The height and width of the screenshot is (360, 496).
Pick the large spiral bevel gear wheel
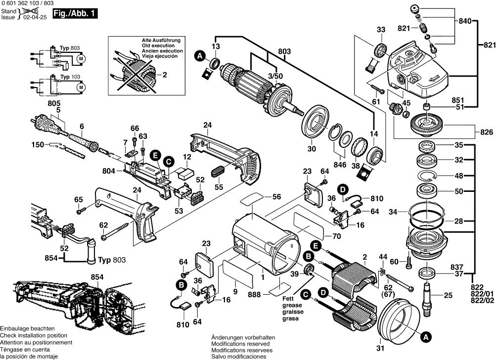pyautogui.click(x=429, y=123)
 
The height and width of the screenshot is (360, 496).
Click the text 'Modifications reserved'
pyautogui.click(x=240, y=343)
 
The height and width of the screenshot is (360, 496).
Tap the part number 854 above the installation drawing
pyautogui.click(x=97, y=277)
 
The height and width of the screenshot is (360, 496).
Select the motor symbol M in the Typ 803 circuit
pyautogui.click(x=81, y=58)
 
